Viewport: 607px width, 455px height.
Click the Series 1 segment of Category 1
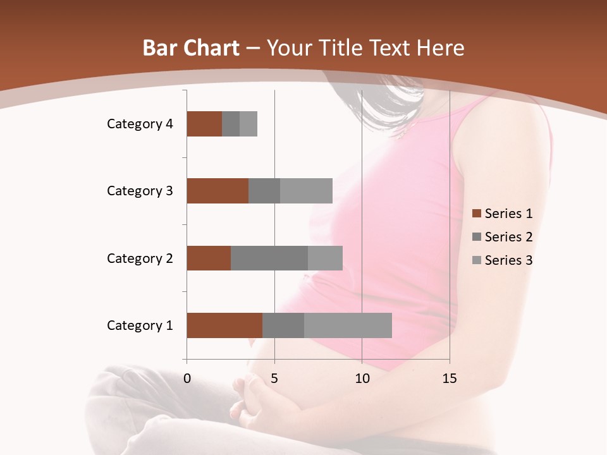[224, 325]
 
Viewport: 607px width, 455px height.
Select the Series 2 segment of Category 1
[283, 325]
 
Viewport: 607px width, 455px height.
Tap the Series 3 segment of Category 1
[348, 325]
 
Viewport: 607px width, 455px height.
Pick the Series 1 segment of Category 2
[209, 258]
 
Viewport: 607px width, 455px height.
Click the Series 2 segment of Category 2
[269, 258]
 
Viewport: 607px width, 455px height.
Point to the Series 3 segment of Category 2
[325, 258]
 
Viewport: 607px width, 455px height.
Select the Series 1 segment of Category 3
[218, 191]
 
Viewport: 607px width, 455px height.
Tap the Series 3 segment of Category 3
[306, 191]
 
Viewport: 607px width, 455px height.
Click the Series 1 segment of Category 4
[204, 124]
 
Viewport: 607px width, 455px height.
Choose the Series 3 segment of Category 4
[248, 124]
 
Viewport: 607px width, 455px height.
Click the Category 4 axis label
[140, 124]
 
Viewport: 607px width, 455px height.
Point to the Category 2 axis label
[140, 258]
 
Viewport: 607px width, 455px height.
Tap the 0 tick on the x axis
[187, 379]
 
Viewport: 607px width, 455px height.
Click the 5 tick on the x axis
[274, 379]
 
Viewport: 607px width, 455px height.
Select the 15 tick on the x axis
[449, 379]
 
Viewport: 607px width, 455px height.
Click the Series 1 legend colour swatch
[476, 214]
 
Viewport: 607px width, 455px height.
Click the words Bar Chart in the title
[190, 48]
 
